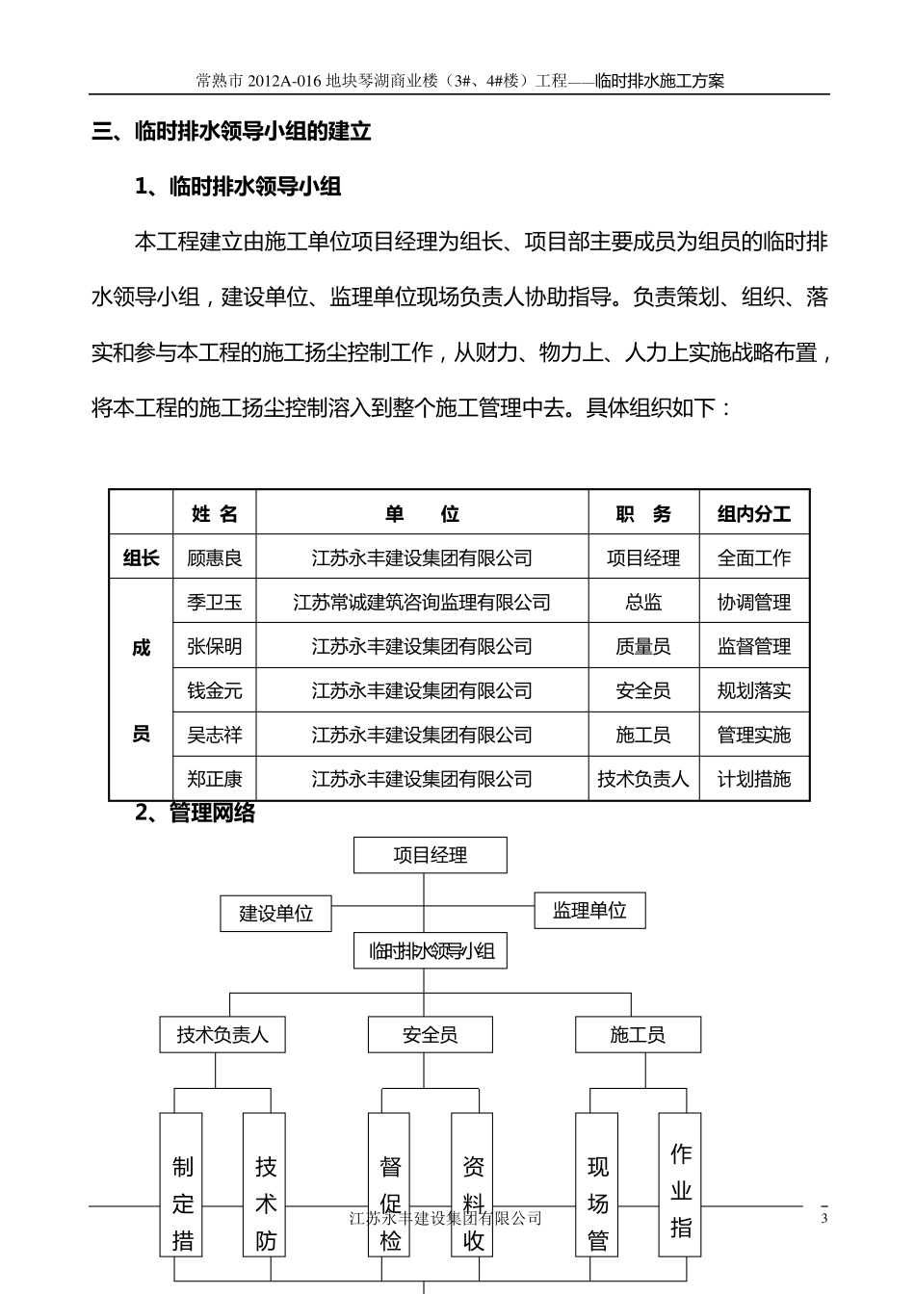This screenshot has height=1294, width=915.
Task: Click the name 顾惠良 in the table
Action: coord(214,557)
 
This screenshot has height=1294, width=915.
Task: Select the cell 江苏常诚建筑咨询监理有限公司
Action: coord(422,603)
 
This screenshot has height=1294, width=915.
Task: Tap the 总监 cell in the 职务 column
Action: coord(643,603)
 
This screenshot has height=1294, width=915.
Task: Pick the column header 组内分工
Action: coord(753,514)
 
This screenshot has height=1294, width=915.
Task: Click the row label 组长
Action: coord(141,557)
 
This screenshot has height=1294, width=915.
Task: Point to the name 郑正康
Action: coord(214,779)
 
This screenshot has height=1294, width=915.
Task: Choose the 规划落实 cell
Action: coord(753,690)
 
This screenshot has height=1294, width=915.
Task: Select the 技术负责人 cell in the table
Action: coord(643,779)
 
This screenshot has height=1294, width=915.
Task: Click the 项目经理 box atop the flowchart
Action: coord(430,855)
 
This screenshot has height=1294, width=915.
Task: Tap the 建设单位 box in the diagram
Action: coord(276,913)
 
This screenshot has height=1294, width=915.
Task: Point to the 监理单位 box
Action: coord(589,910)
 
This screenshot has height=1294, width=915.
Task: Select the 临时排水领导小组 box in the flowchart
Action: coord(430,951)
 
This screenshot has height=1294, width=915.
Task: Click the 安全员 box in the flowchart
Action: coord(430,1035)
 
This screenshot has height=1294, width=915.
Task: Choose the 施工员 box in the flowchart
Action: coord(638,1035)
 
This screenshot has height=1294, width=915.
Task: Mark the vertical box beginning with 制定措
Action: coord(182,1184)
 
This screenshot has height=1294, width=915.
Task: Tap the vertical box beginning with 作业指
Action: coord(680,1184)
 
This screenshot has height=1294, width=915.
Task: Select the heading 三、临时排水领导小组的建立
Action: coord(231,132)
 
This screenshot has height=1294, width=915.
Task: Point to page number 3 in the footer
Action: coord(823,1219)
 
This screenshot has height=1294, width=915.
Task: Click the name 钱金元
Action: coord(214,690)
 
